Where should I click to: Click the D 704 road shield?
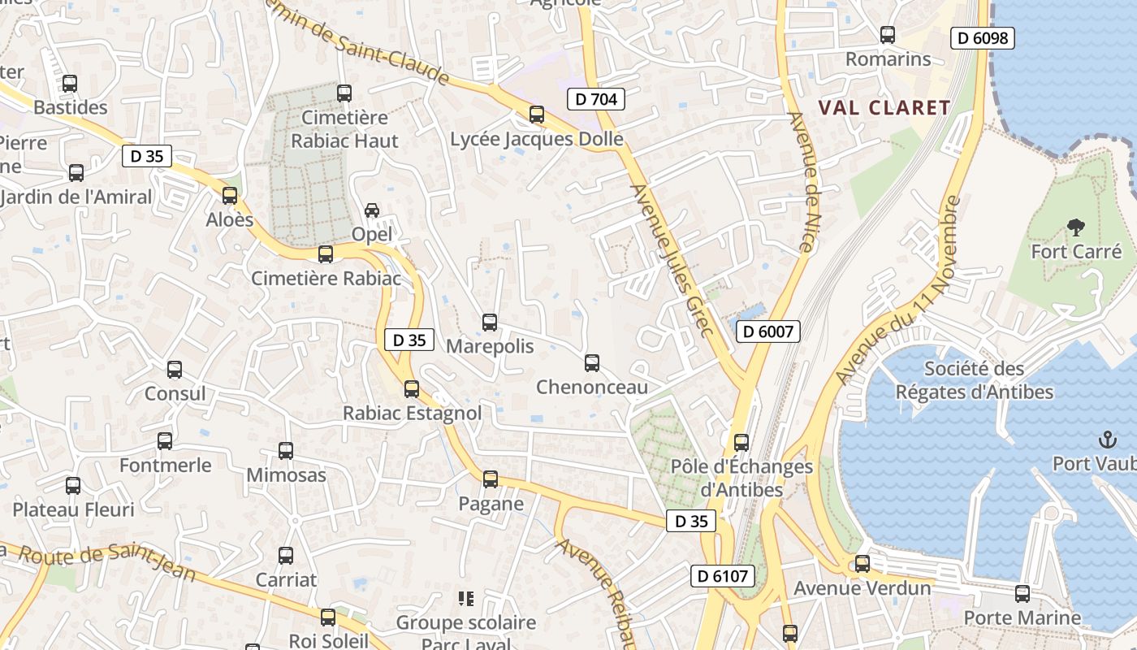pos(596,100)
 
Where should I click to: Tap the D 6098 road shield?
pos(983,38)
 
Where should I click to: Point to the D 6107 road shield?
pos(723,577)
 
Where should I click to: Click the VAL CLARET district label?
pos(884,108)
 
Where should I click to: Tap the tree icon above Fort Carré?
pos(1076,227)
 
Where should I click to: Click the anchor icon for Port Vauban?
pos(1108,440)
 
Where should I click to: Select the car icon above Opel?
pos(372,210)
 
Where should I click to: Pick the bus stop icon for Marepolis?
pos(490,323)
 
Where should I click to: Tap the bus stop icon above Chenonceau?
pos(592,363)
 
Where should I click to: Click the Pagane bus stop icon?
pos(491,479)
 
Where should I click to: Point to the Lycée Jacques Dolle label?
pos(537,140)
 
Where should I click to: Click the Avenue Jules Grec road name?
pos(672,260)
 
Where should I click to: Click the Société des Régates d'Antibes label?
pos(974,380)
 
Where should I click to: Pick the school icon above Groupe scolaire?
pos(466,600)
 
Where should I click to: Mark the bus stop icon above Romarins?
pos(888,35)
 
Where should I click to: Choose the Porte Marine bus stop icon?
pos(1022,594)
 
